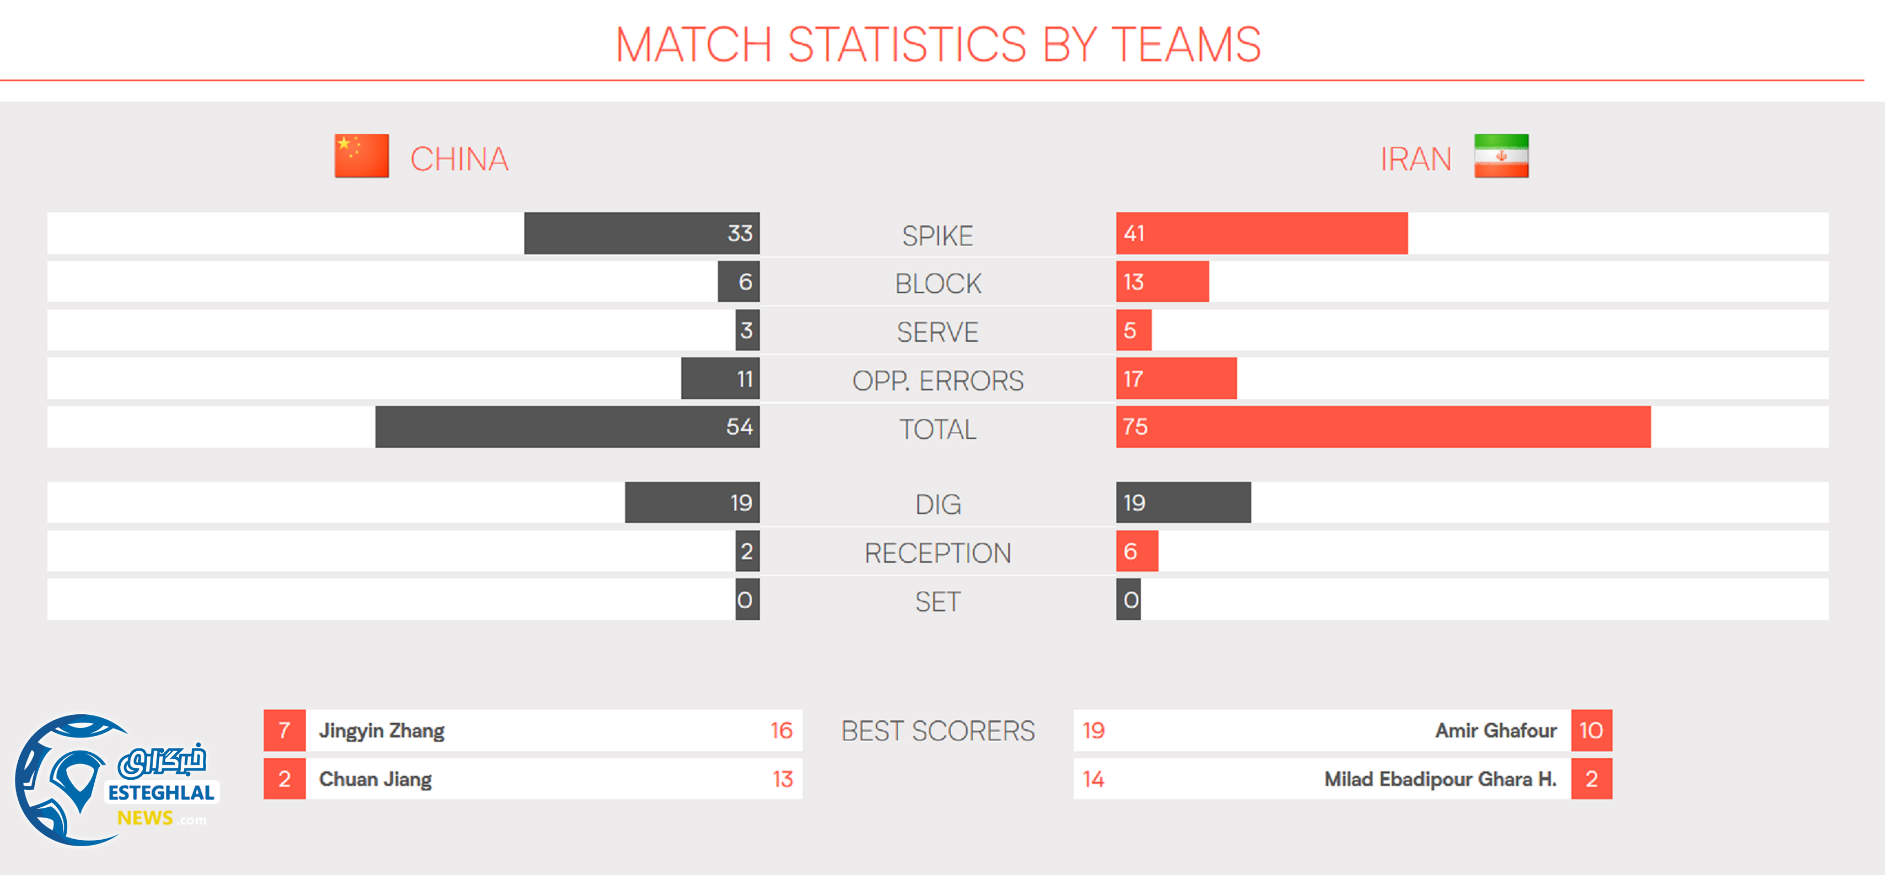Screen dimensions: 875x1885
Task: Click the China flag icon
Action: tap(361, 156)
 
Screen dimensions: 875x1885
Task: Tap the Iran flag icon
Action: tap(1501, 156)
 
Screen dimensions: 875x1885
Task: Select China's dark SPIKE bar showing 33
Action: tap(642, 234)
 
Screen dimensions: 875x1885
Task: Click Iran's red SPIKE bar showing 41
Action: tap(1262, 234)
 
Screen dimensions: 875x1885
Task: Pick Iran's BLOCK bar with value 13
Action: tap(1162, 282)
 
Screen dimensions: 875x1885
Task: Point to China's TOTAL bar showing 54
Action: tap(567, 427)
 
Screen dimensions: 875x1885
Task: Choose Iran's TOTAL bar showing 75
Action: tap(1383, 427)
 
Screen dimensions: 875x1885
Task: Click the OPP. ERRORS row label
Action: tap(938, 381)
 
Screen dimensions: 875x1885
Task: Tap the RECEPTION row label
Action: tap(938, 553)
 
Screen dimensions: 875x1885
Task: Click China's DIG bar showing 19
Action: tap(692, 502)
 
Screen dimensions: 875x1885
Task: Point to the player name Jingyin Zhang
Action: tap(381, 731)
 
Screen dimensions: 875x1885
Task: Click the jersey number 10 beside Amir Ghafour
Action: tap(1591, 731)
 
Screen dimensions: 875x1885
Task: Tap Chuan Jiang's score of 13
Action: tap(782, 779)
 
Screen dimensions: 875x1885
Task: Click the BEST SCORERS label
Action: tap(938, 731)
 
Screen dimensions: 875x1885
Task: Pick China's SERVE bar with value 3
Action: tap(747, 330)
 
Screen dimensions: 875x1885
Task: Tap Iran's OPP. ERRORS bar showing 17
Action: tap(1176, 379)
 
